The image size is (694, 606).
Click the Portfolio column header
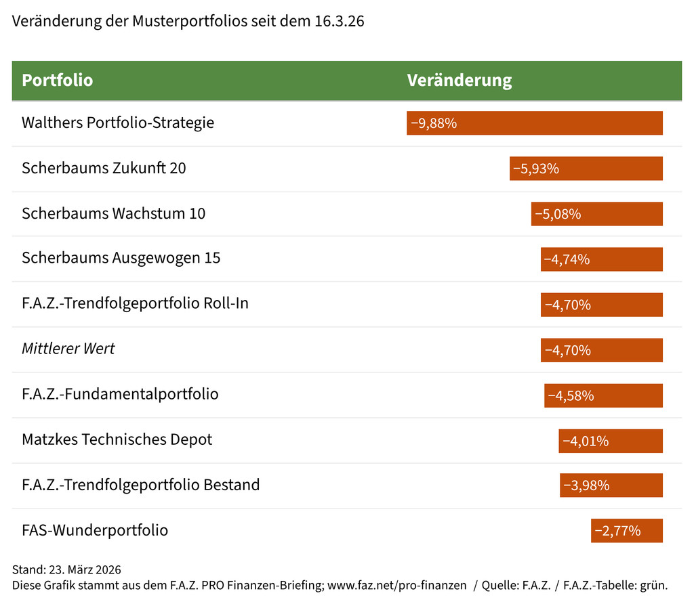click(58, 81)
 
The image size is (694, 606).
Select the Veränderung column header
click(459, 81)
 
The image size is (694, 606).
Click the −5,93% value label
click(535, 169)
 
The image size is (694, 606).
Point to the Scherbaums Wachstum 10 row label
click(113, 214)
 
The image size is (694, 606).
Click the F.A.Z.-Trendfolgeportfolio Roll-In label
click(135, 303)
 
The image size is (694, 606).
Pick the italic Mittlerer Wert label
click(68, 349)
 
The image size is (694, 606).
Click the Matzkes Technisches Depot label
click(117, 439)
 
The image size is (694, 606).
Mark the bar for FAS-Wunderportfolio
click(626, 531)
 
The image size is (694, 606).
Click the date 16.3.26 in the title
click(340, 21)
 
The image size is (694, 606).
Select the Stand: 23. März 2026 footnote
click(66, 569)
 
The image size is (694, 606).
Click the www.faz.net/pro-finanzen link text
click(398, 585)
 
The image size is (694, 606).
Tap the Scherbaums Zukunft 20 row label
click(104, 168)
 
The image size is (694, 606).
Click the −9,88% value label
click(434, 123)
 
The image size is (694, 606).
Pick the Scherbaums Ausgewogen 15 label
click(121, 258)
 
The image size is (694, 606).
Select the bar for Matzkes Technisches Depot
click(611, 441)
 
